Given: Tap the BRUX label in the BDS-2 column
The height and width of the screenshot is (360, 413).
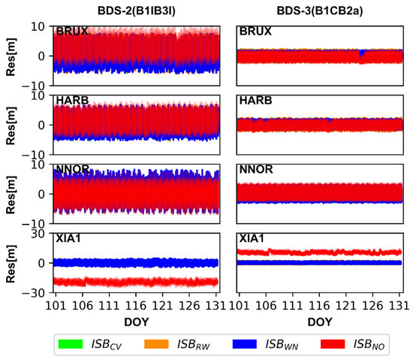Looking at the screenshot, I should (x=71, y=32).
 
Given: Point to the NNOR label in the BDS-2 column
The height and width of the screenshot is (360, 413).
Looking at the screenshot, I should (x=71, y=170).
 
